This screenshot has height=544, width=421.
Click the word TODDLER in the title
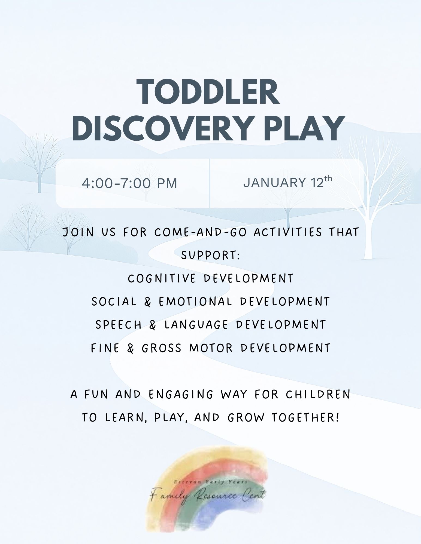click(x=208, y=92)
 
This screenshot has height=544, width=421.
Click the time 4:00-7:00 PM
click(x=129, y=183)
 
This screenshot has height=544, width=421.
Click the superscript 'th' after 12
click(x=328, y=179)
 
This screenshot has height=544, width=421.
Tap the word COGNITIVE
click(x=162, y=278)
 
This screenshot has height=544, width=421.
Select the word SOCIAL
click(x=114, y=302)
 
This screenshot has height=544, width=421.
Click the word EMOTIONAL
click(x=195, y=302)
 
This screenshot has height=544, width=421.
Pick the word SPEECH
click(x=119, y=325)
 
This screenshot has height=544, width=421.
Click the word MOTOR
click(x=211, y=348)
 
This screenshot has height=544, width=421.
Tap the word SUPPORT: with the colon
click(x=210, y=255)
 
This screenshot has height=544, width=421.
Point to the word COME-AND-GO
click(x=200, y=232)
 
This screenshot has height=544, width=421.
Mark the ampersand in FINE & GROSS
click(x=131, y=348)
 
